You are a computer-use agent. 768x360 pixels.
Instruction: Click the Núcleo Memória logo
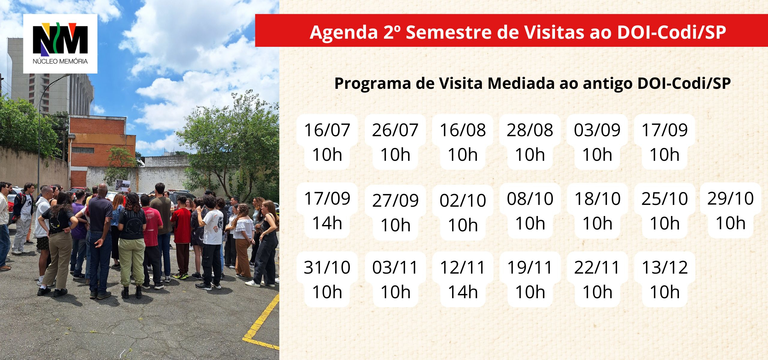(x=60, y=44)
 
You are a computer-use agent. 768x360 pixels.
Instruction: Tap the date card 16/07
(x=327, y=142)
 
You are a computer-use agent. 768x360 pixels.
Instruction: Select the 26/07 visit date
(x=395, y=142)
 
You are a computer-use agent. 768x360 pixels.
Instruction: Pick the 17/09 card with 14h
(x=327, y=210)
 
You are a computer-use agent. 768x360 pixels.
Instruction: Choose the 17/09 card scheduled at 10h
(x=664, y=142)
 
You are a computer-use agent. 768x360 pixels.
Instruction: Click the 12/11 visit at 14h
(x=463, y=279)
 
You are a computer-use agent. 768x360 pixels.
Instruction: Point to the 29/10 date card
(x=730, y=210)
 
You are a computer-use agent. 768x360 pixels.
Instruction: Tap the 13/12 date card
(x=664, y=279)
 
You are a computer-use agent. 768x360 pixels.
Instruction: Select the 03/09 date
(x=597, y=142)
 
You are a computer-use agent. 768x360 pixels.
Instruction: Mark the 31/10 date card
(x=327, y=279)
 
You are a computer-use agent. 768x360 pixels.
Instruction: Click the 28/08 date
(x=530, y=142)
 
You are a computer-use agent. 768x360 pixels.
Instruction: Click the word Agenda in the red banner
(x=344, y=32)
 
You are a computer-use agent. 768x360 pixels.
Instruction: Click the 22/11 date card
(x=597, y=279)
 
